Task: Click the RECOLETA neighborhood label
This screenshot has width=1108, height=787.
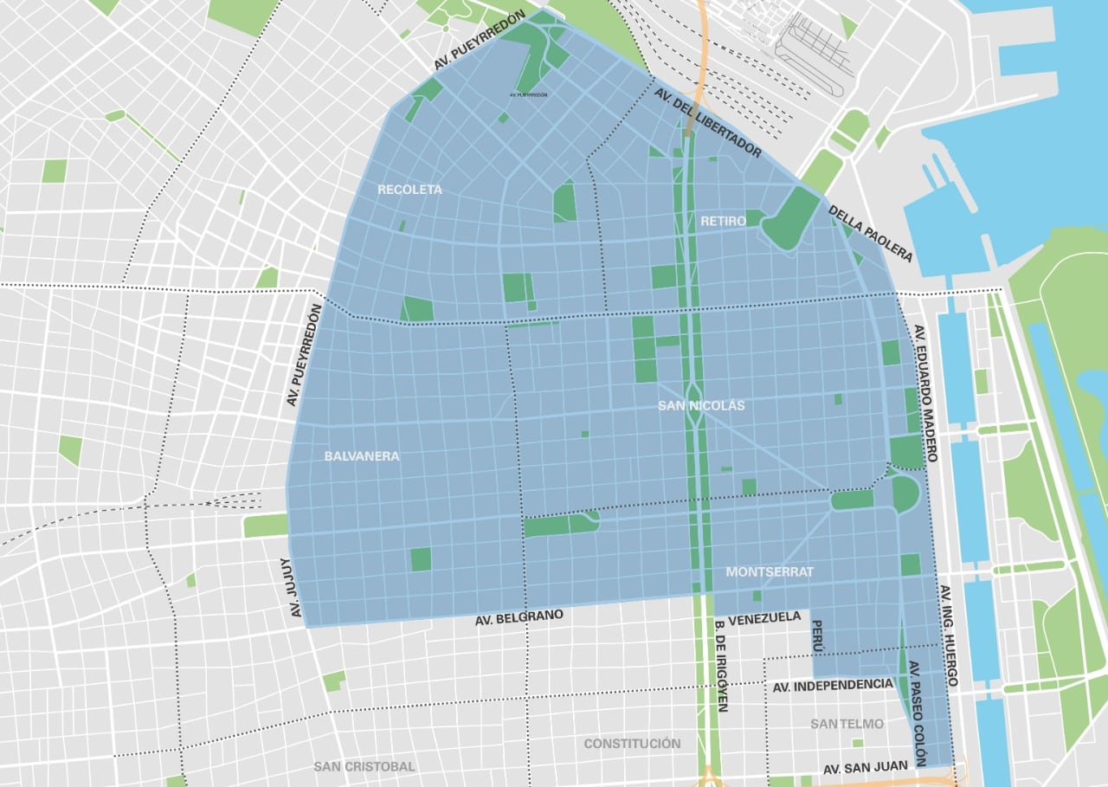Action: [x=409, y=190]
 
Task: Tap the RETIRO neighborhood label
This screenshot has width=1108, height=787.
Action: [x=718, y=222]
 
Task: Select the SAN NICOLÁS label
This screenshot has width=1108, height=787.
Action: [x=701, y=405]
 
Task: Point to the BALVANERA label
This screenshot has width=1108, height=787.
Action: [x=362, y=456]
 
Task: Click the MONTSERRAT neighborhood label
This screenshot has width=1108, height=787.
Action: [x=770, y=572]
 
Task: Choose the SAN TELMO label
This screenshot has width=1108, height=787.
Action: [x=847, y=724]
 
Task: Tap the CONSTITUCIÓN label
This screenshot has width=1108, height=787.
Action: [x=632, y=744]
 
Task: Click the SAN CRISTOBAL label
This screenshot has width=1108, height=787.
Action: [x=364, y=766]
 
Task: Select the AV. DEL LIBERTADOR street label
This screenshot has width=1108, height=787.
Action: [x=708, y=122]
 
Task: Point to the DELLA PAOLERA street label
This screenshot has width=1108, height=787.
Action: [x=870, y=233]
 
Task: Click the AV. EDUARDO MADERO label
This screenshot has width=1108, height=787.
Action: [x=920, y=394]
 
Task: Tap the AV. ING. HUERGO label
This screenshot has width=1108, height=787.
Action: [x=949, y=636]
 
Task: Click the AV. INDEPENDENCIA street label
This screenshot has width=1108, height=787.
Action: [x=830, y=685]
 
